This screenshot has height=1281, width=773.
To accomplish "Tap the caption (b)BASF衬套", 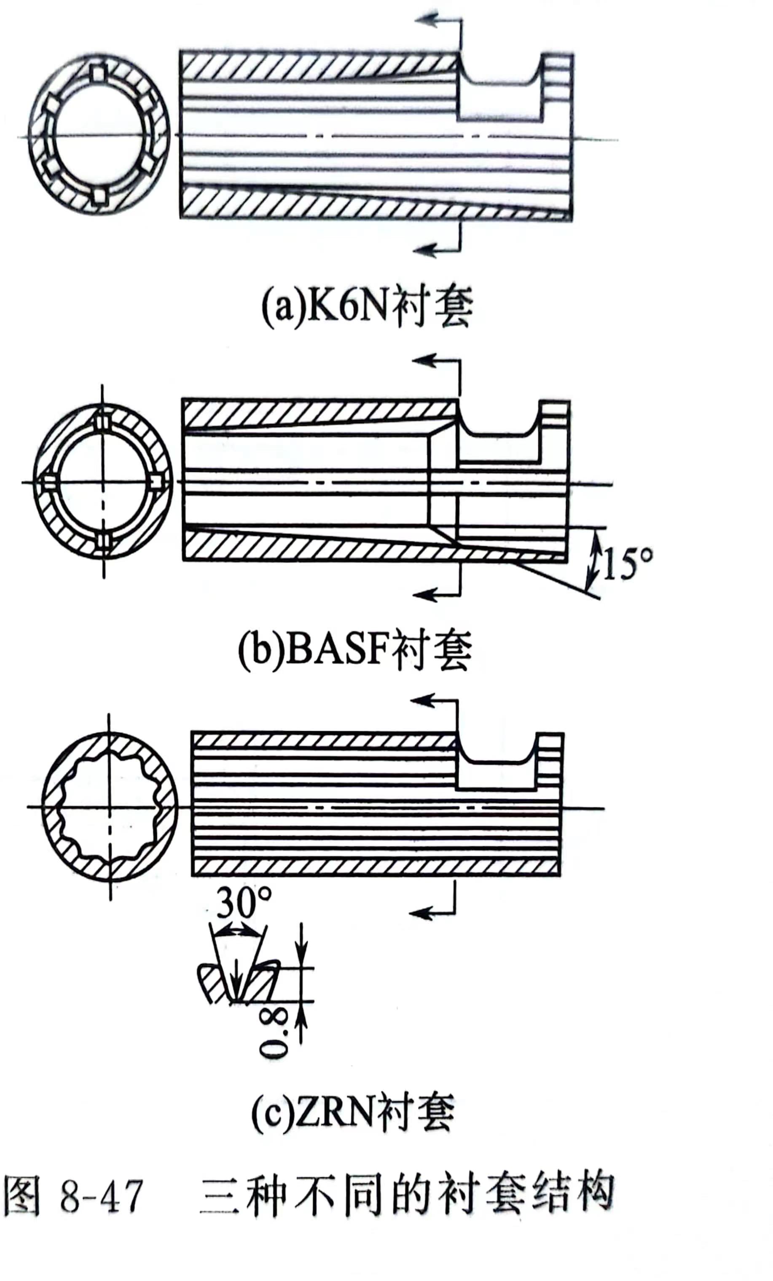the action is (x=355, y=649).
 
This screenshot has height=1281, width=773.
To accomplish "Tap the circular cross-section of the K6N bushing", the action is (x=99, y=135).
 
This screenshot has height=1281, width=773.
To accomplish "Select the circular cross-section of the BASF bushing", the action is (x=103, y=481).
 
